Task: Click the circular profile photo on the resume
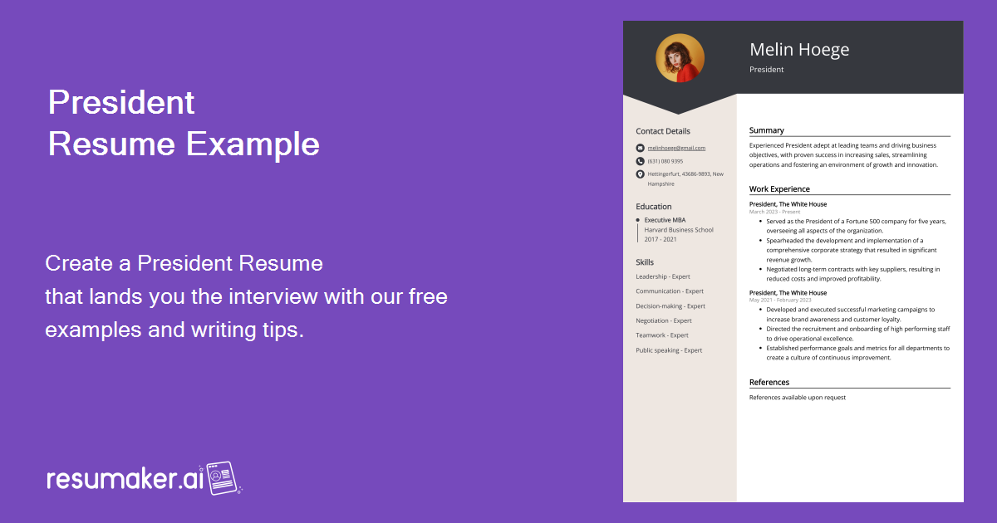(x=680, y=58)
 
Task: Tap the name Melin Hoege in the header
(x=799, y=50)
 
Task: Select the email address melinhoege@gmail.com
(x=676, y=148)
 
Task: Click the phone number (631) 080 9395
(x=665, y=161)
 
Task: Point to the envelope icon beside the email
(x=640, y=148)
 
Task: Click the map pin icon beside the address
(x=640, y=174)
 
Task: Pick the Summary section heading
(x=767, y=130)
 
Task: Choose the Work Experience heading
(x=779, y=189)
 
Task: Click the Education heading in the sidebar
(x=654, y=207)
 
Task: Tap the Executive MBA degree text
(x=665, y=220)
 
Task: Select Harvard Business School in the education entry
(x=679, y=230)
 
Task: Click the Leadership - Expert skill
(x=663, y=276)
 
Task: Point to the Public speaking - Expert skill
(x=669, y=350)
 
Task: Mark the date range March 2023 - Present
(x=775, y=212)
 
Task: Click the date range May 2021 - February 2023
(x=780, y=300)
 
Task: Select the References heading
(x=769, y=383)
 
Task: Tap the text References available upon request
(x=798, y=398)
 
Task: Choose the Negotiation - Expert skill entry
(x=664, y=320)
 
